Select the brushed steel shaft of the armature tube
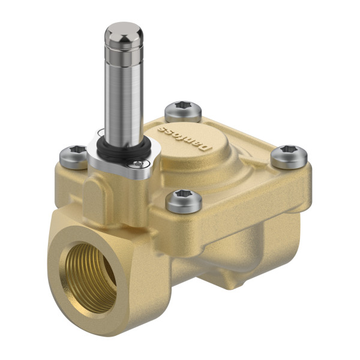click(x=124, y=96)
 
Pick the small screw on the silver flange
click(x=139, y=163)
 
